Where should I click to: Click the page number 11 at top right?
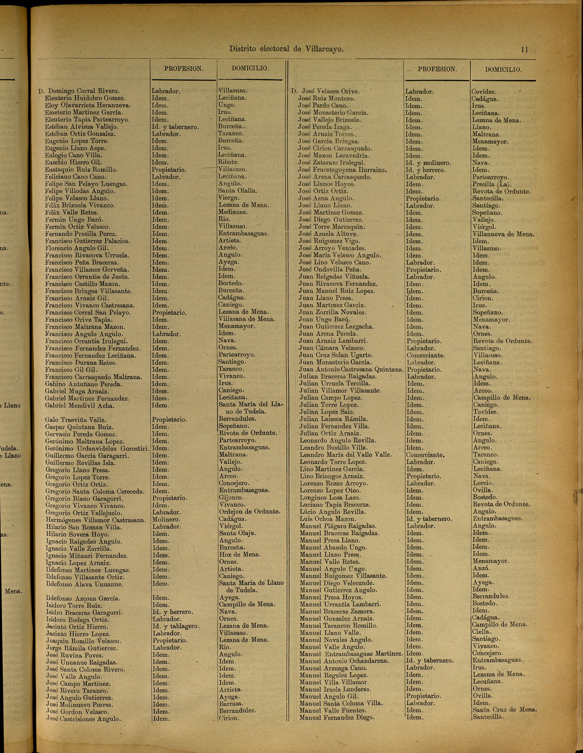(524, 50)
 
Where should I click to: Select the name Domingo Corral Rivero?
(84, 91)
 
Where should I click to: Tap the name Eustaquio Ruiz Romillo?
(81, 170)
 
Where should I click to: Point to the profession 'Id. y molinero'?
(428, 163)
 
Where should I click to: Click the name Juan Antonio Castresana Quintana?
(351, 370)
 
